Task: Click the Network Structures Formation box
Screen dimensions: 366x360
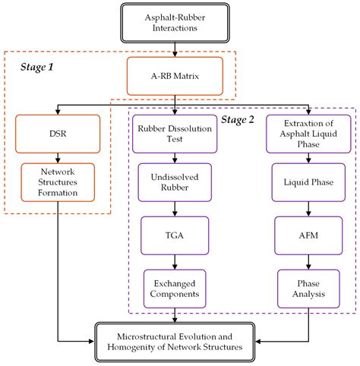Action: pos(58,181)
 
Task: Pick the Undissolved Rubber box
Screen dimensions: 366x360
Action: pos(175,181)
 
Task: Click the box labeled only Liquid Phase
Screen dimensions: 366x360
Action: pos(308,181)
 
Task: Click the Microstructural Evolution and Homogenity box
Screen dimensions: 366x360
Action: pos(176,340)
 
